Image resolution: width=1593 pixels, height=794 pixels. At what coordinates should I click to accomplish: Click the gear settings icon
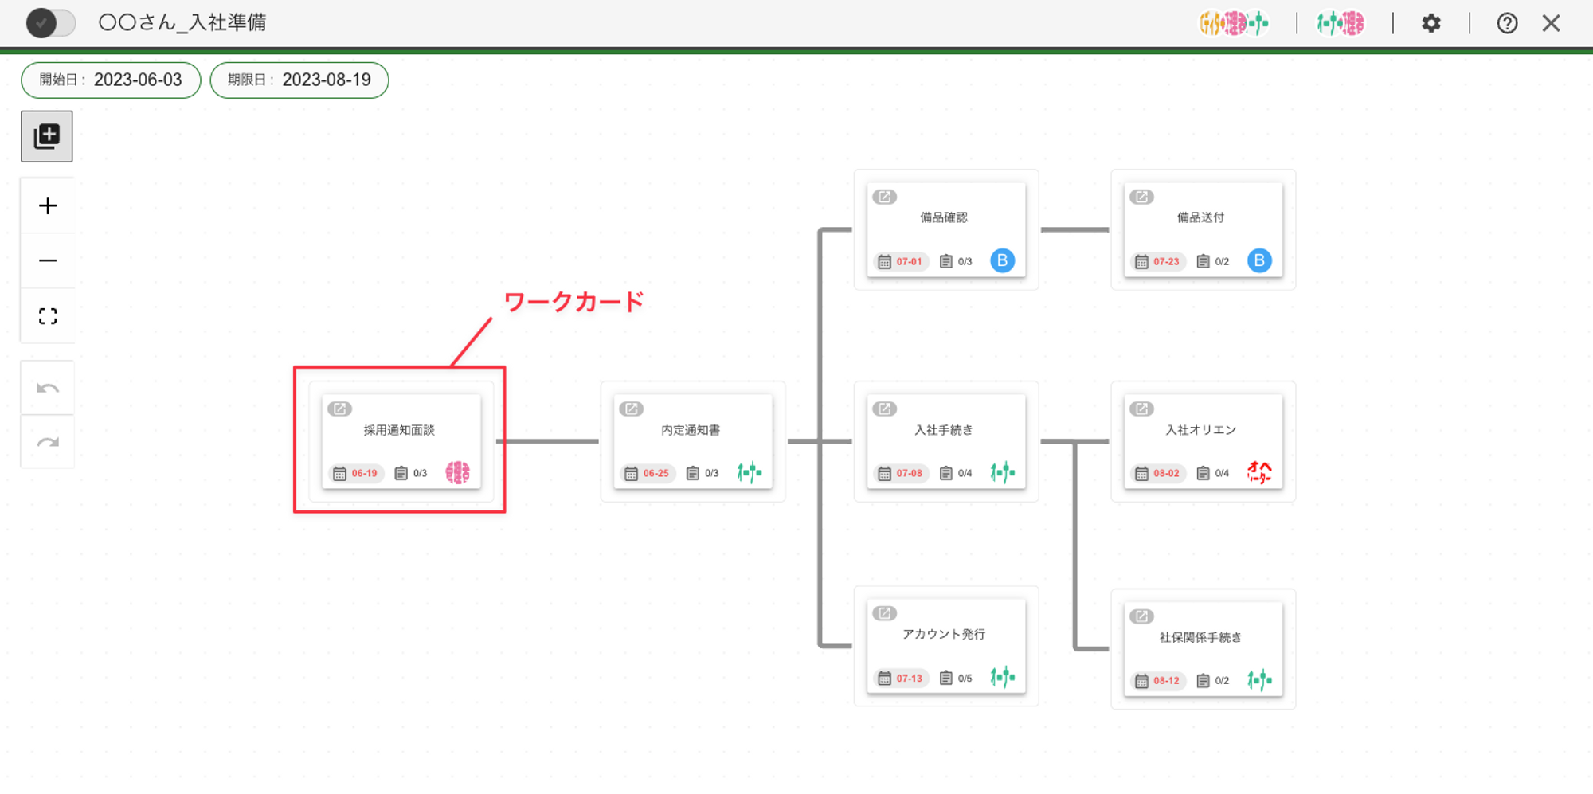click(x=1431, y=23)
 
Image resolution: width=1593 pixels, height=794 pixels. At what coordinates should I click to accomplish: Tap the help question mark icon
click(x=1507, y=23)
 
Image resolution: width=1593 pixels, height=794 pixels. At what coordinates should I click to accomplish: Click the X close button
click(x=1551, y=23)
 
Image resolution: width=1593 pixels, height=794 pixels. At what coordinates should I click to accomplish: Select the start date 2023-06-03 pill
click(x=111, y=80)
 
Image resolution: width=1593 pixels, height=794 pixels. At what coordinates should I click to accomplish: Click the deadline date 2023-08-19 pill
click(x=299, y=80)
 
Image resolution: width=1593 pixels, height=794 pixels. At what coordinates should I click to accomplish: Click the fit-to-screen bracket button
click(x=48, y=316)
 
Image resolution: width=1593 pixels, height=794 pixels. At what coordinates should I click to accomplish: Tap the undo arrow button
click(x=48, y=388)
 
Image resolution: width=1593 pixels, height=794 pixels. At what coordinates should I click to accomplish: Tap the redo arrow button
click(x=48, y=442)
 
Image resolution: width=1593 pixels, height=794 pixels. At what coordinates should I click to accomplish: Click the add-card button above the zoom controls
click(x=47, y=136)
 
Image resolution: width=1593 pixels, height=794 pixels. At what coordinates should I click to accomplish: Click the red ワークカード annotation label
click(x=573, y=302)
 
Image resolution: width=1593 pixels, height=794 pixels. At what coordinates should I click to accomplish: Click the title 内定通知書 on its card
click(x=691, y=430)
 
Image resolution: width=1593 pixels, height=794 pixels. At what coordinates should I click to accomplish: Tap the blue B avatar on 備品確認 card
click(x=1002, y=260)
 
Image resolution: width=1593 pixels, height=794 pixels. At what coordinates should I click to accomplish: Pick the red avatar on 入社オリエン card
click(x=1259, y=472)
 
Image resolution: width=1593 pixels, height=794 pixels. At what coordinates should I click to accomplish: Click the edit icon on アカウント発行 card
click(x=884, y=613)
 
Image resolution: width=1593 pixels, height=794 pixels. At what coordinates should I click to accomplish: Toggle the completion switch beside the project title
click(x=51, y=23)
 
